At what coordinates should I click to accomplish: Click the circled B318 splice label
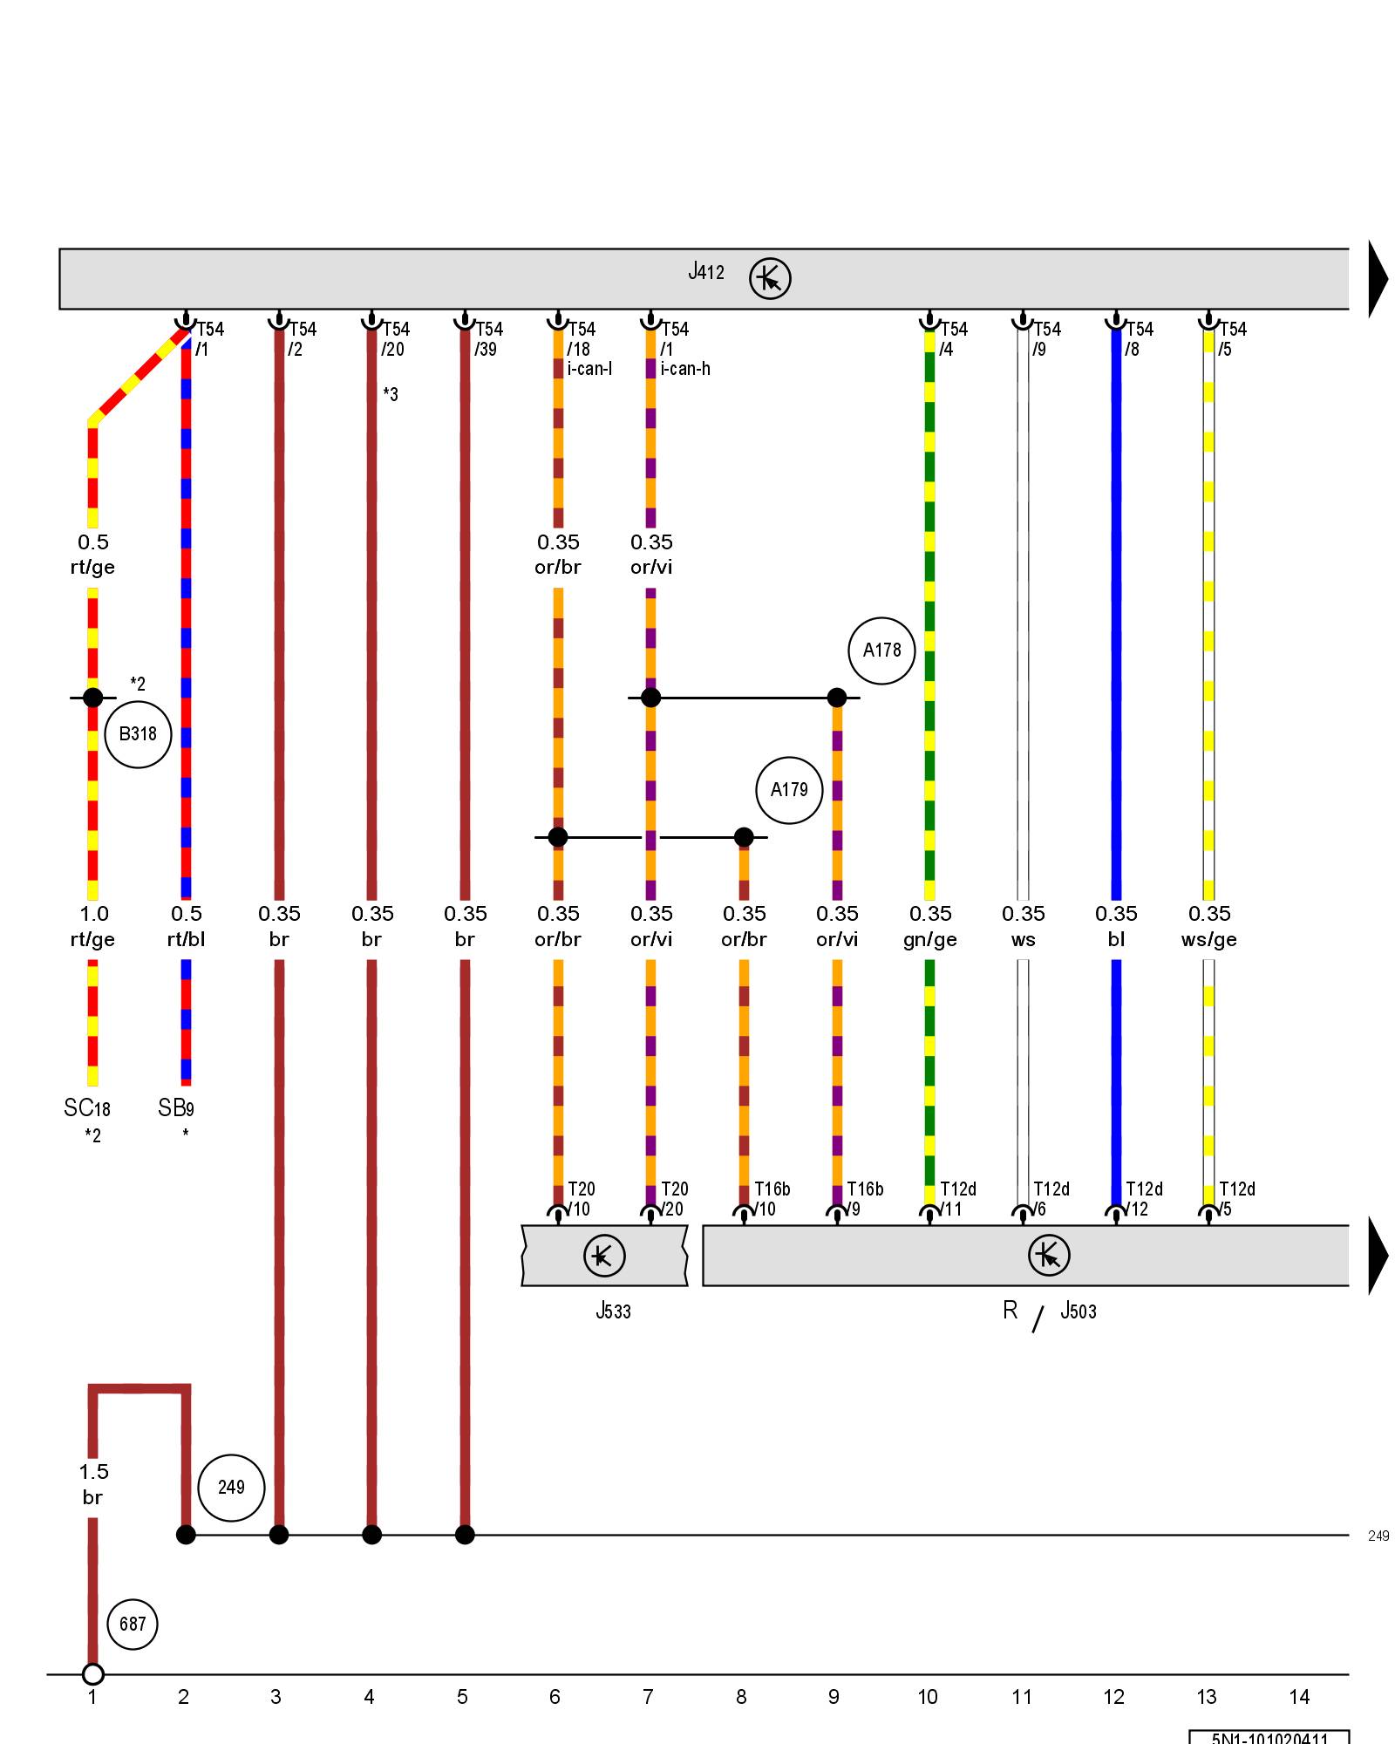click(138, 734)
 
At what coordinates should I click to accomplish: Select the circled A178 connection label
click(881, 651)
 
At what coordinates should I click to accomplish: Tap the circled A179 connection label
click(789, 790)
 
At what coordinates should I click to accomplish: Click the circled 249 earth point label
click(231, 1487)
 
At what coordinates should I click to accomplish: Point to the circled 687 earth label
click(133, 1624)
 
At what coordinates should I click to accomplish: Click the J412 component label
click(706, 272)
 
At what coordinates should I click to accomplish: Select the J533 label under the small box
click(613, 1311)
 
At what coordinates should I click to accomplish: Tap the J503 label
click(1078, 1311)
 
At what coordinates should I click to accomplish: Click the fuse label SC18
click(87, 1108)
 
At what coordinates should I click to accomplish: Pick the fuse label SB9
click(176, 1108)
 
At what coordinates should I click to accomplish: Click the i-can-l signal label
click(589, 369)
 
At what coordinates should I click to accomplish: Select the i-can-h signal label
click(685, 369)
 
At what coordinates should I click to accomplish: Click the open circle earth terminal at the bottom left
click(92, 1674)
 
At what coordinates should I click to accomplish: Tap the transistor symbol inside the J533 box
click(604, 1256)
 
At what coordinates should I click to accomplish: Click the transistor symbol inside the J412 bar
click(770, 279)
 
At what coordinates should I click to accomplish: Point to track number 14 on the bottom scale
click(1299, 1697)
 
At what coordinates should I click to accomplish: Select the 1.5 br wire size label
click(93, 1484)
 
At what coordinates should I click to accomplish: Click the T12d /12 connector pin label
click(1143, 1199)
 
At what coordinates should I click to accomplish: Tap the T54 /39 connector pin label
click(488, 339)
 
